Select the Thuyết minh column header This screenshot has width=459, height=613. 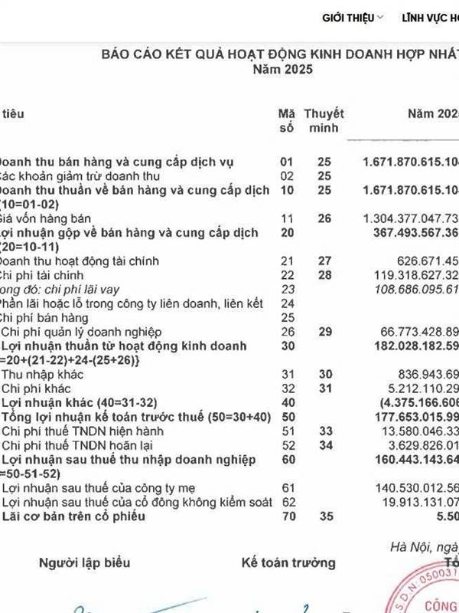pos(324,120)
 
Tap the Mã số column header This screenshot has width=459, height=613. pos(287,120)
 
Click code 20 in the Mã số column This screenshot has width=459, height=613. pos(287,232)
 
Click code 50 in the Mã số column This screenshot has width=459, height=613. pos(287,416)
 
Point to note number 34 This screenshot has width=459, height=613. pos(324,445)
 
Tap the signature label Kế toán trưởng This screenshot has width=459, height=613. pos(288,563)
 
